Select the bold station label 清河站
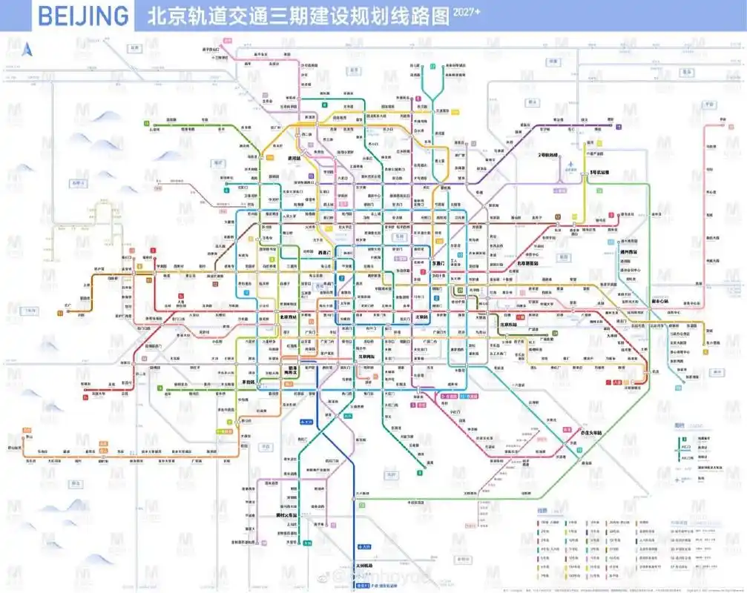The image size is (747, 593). click(x=273, y=159)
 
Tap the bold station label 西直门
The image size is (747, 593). click(x=324, y=252)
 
